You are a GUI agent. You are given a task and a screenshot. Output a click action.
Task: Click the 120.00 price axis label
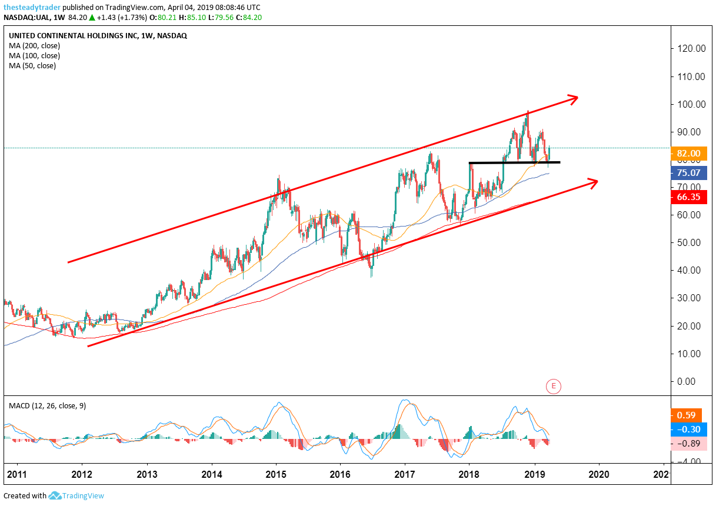click(691, 49)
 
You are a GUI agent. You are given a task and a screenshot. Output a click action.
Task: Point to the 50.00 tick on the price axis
click(691, 242)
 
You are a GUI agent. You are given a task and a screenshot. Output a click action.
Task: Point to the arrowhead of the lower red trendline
click(592, 182)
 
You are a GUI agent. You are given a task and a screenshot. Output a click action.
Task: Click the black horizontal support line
click(514, 162)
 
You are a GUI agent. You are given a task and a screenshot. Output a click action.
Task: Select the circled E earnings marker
click(553, 387)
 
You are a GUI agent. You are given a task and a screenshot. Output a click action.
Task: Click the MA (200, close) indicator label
click(34, 45)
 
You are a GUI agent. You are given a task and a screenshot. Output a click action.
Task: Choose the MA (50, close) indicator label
click(32, 65)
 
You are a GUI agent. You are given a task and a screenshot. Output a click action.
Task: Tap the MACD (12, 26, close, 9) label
click(47, 405)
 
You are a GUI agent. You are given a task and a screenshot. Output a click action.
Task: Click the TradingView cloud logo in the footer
click(56, 495)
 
